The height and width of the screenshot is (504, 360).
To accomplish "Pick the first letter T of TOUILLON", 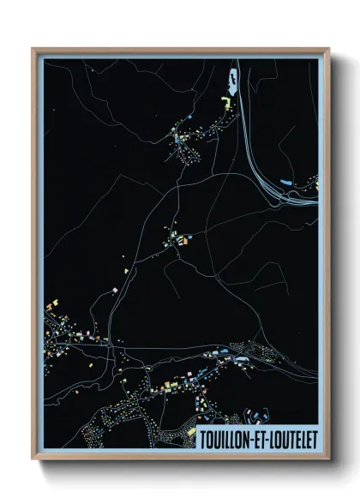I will click(201, 440).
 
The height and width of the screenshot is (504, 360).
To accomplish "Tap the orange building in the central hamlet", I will click(183, 243).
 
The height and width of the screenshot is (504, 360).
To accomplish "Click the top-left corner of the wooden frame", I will click(33, 50).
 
